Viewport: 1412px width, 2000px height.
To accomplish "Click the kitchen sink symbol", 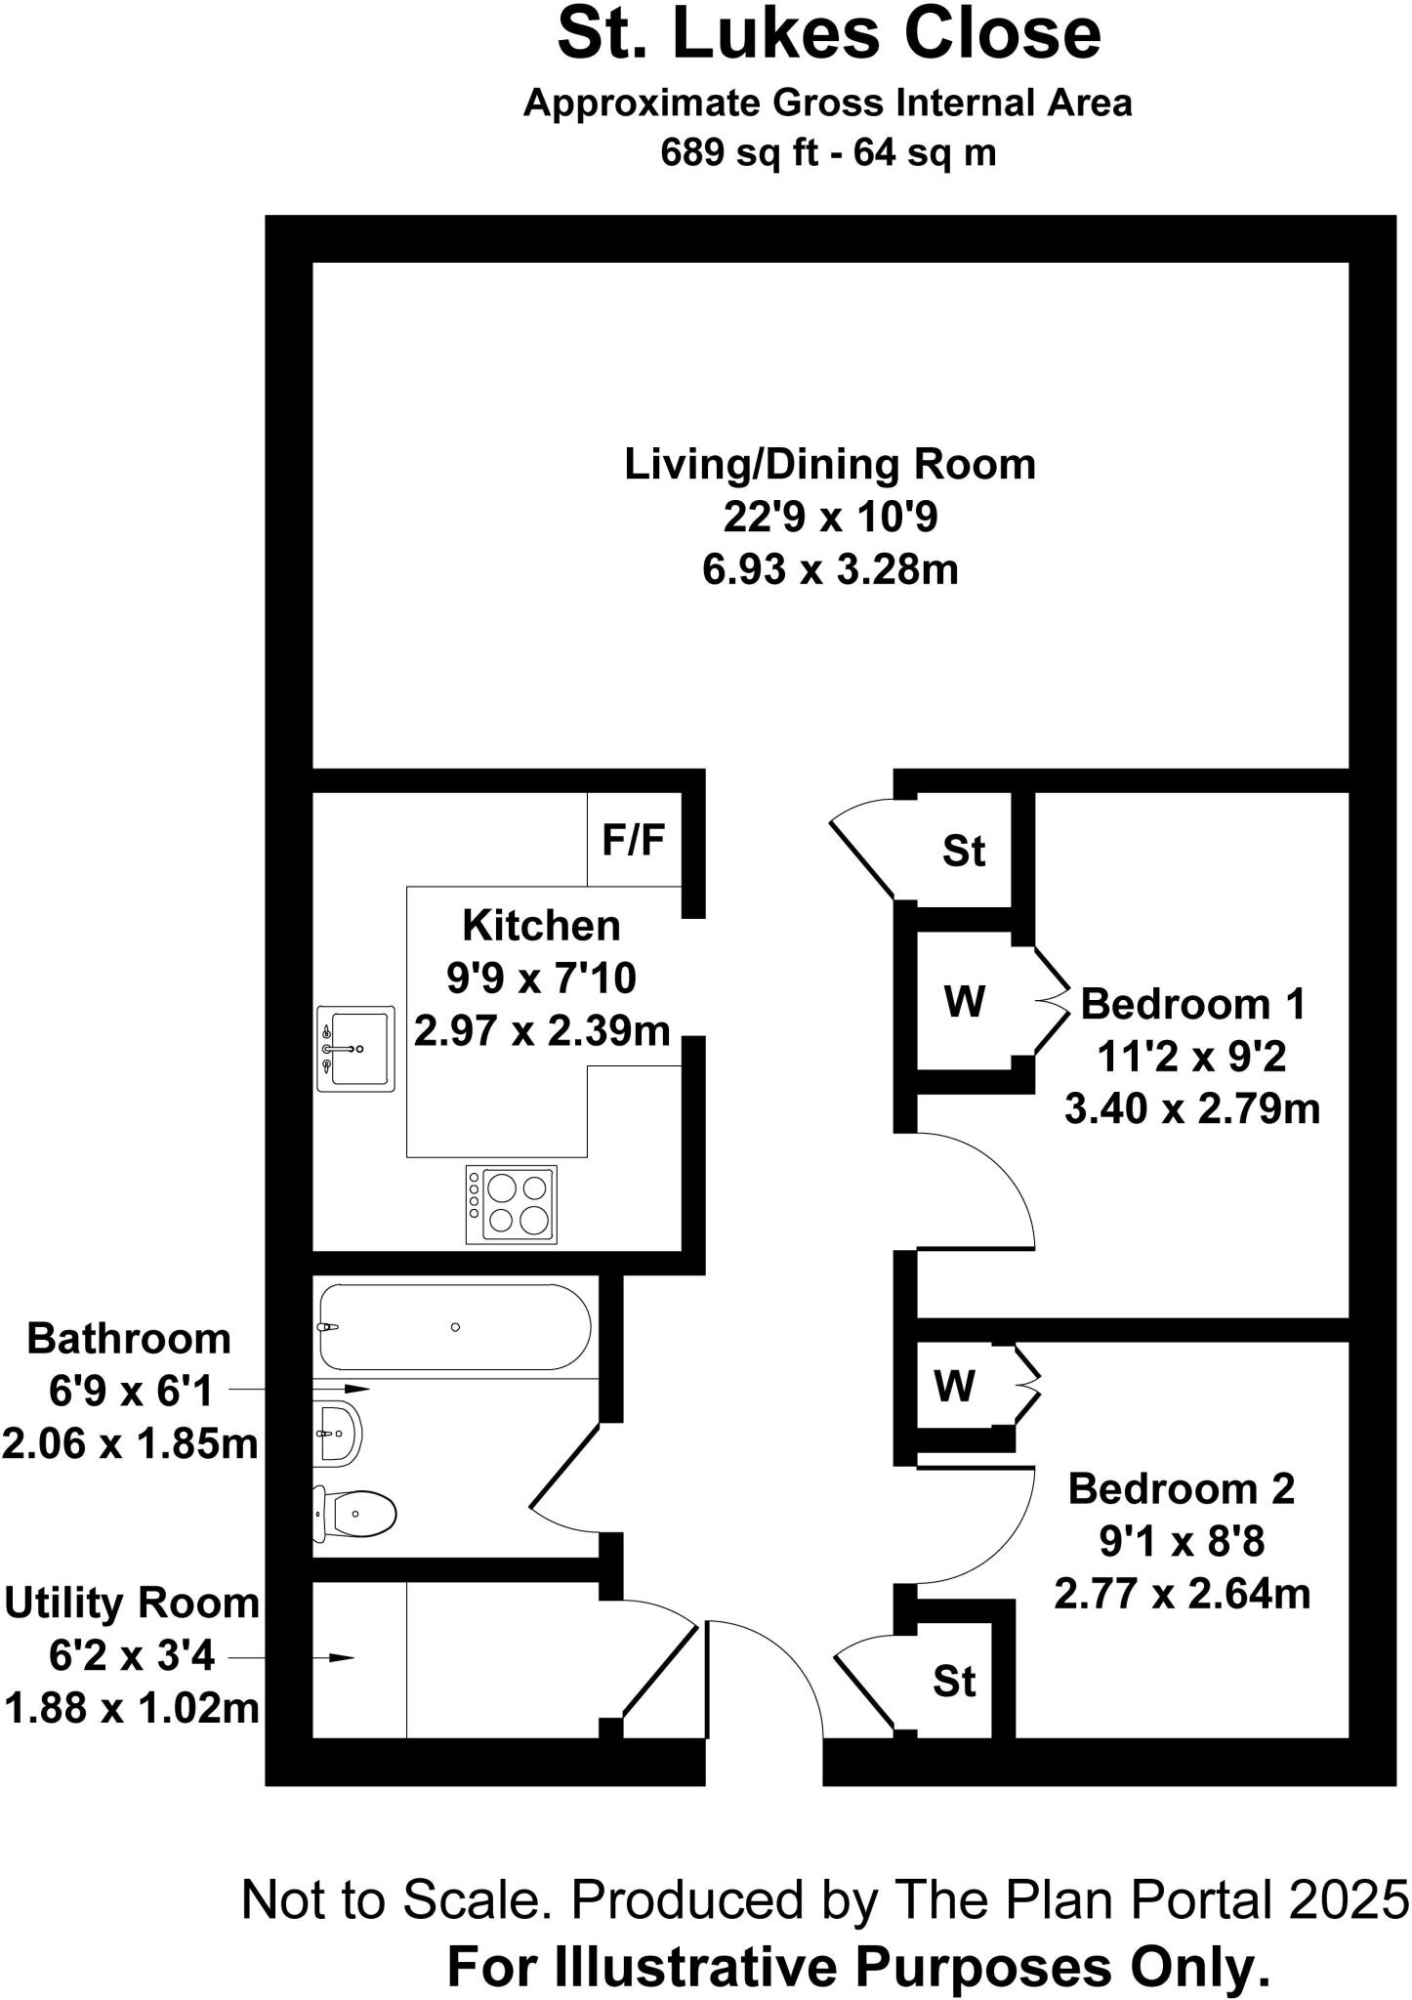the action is point(355,1048).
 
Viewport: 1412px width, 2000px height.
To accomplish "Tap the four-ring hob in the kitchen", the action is point(511,1204).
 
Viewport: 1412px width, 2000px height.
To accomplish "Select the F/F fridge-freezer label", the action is point(634,839).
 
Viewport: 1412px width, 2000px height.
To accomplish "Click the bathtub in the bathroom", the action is point(455,1327).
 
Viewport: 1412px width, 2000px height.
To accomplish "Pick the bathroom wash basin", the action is point(338,1434).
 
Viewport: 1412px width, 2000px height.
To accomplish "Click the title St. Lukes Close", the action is point(829,33).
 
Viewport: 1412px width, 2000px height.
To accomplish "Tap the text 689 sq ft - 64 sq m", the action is point(828,153).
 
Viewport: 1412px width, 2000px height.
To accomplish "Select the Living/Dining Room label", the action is point(830,464).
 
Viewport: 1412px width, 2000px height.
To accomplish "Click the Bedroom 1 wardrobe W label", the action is point(965,1002).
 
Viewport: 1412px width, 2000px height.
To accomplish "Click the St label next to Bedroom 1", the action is point(964,852).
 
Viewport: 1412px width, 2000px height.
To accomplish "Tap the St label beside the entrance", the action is point(954,1682).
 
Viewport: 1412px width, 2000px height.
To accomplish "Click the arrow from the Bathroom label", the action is point(300,1389).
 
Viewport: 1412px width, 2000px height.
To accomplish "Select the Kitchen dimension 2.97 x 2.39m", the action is point(542,1030).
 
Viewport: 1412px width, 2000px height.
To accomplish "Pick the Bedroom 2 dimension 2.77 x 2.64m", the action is point(1182,1595).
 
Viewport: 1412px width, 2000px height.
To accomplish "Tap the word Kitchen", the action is point(541,926).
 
